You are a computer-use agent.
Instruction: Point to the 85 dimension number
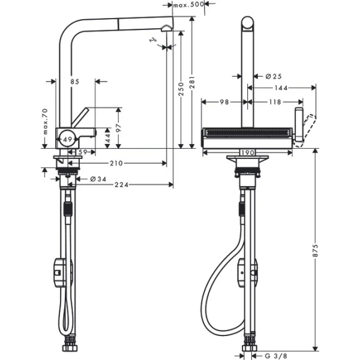point(74,82)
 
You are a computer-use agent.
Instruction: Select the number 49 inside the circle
point(67,140)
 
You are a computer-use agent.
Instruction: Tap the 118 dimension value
point(274,103)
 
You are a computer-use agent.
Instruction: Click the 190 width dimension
point(246,152)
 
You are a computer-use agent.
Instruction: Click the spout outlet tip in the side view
point(166,28)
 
